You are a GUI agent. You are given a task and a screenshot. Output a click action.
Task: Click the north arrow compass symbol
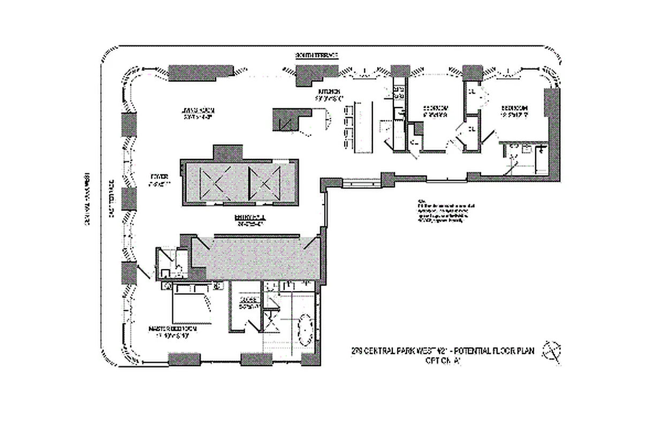click(x=552, y=351)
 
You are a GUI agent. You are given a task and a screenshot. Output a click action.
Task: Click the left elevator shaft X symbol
click(x=214, y=182)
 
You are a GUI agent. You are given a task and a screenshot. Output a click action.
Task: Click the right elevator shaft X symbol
click(x=263, y=182)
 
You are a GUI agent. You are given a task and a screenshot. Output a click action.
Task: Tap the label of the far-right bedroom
click(x=513, y=110)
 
